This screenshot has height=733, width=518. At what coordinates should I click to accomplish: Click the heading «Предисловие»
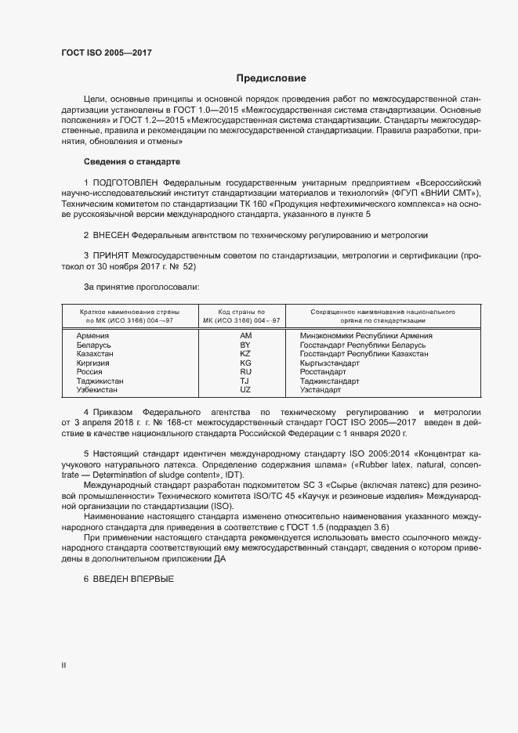point(272,78)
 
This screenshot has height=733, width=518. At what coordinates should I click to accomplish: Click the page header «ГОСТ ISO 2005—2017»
point(106,53)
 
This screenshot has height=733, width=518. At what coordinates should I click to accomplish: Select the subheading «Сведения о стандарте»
point(132,161)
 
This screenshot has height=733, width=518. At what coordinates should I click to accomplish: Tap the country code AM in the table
point(245,336)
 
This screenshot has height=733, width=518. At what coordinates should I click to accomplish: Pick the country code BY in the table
point(245,345)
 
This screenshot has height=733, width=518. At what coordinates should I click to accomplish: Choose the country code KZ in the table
point(245,354)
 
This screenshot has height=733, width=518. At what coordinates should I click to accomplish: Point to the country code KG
point(245,363)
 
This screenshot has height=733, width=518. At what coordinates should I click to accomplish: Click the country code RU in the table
point(245,372)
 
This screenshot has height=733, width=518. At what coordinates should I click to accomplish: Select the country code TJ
point(245,381)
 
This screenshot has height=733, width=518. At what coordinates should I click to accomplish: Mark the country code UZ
point(245,390)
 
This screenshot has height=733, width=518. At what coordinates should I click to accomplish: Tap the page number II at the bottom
point(64,665)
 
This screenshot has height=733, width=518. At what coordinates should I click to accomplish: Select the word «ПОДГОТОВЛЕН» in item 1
point(124,182)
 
